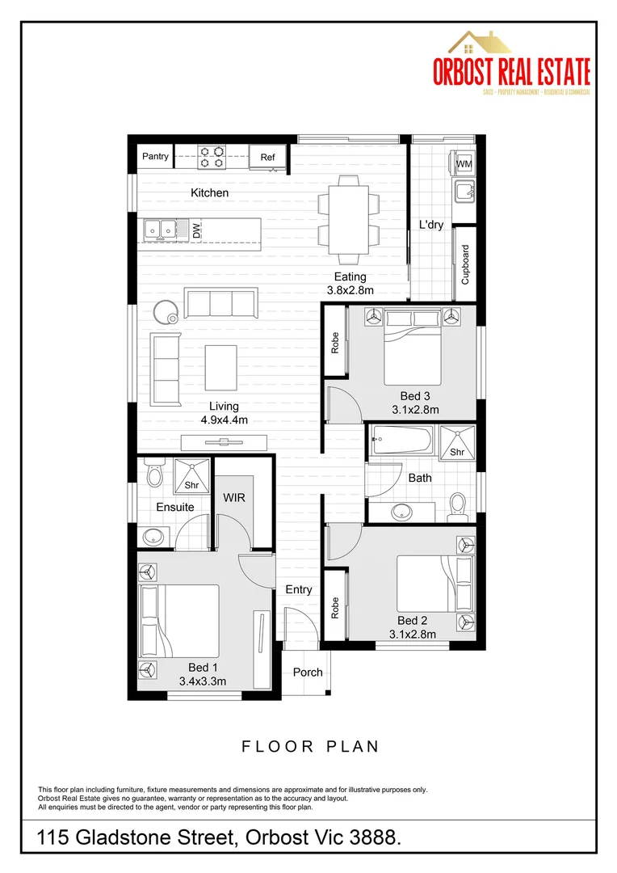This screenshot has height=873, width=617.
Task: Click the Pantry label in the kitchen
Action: [155, 156]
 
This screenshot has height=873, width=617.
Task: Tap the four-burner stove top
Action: [212, 156]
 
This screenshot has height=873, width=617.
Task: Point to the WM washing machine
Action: [464, 164]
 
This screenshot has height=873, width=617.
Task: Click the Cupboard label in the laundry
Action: [465, 264]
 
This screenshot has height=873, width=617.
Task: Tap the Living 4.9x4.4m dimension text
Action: [224, 413]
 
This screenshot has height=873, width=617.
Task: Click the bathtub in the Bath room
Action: [402, 442]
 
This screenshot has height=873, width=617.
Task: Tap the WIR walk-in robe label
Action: [234, 498]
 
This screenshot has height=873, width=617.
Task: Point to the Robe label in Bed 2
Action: [335, 608]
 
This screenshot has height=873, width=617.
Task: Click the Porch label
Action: [308, 672]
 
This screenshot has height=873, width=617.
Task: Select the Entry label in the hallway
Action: [299, 589]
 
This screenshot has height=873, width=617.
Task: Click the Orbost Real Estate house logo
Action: [482, 44]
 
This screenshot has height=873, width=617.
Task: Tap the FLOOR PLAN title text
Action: [310, 746]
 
